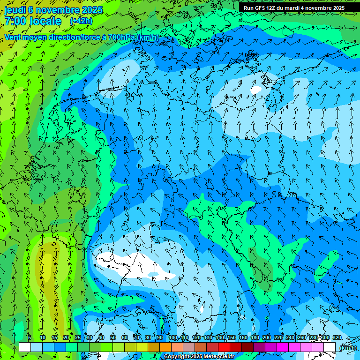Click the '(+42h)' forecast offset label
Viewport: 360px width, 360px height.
[x=81, y=21]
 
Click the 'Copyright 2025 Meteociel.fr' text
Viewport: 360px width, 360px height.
[x=199, y=357]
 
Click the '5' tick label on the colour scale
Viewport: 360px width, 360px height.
[x=30, y=338]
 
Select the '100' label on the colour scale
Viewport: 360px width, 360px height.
[x=173, y=338]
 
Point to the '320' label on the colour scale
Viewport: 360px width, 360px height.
[x=337, y=338]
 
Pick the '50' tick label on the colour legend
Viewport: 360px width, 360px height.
[x=113, y=338]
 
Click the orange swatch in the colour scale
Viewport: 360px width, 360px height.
[x=165, y=347]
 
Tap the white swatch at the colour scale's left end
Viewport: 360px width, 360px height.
[x=24, y=347]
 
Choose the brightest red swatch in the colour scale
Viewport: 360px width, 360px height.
[x=224, y=347]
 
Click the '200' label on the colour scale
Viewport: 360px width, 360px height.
[x=267, y=338]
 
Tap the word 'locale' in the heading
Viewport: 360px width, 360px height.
[x=45, y=21]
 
